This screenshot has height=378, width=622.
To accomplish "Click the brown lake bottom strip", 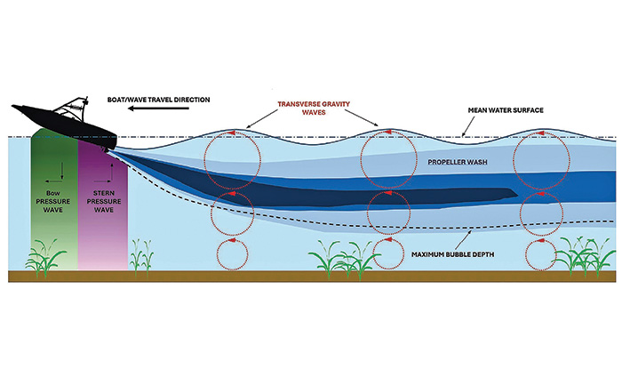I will [311, 276].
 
